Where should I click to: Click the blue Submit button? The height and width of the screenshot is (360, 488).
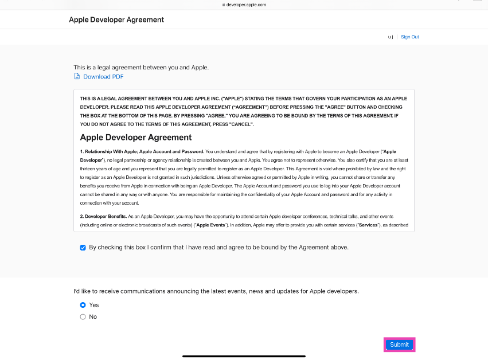399,345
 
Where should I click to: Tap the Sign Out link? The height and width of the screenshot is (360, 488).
409,37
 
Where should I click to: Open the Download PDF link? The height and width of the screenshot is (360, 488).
103,77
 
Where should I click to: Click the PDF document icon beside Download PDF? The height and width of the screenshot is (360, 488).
77,76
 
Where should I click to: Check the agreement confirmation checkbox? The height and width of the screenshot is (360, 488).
83,248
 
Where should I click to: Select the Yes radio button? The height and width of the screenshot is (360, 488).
83,305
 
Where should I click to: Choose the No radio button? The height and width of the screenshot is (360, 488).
83,316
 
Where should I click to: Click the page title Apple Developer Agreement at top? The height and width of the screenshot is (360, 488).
116,19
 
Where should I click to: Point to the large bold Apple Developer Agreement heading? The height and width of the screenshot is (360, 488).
136,138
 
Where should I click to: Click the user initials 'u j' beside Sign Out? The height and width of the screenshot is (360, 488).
391,37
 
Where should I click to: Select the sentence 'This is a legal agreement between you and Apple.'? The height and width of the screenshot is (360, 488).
141,67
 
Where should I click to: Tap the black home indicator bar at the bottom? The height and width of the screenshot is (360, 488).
244,356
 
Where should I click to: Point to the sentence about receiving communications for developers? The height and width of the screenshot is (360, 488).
216,291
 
